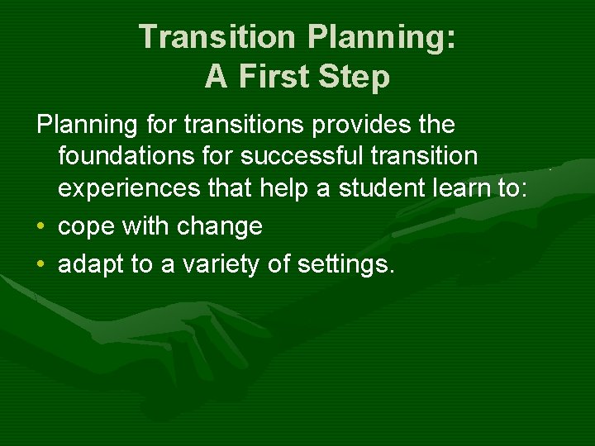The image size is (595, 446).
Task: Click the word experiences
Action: (x=128, y=187)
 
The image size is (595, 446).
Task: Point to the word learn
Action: (x=465, y=187)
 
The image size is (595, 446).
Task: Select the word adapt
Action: (x=90, y=265)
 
